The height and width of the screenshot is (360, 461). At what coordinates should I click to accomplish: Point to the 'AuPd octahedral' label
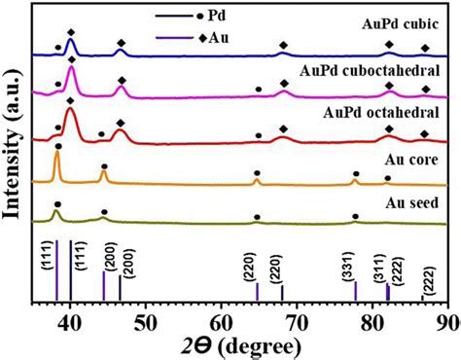(381, 114)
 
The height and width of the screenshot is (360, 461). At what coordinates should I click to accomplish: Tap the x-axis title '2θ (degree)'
(251, 342)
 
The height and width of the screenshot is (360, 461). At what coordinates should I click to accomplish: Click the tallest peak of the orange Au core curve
(57, 155)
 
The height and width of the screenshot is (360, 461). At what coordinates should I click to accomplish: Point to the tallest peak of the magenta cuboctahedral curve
(71, 69)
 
